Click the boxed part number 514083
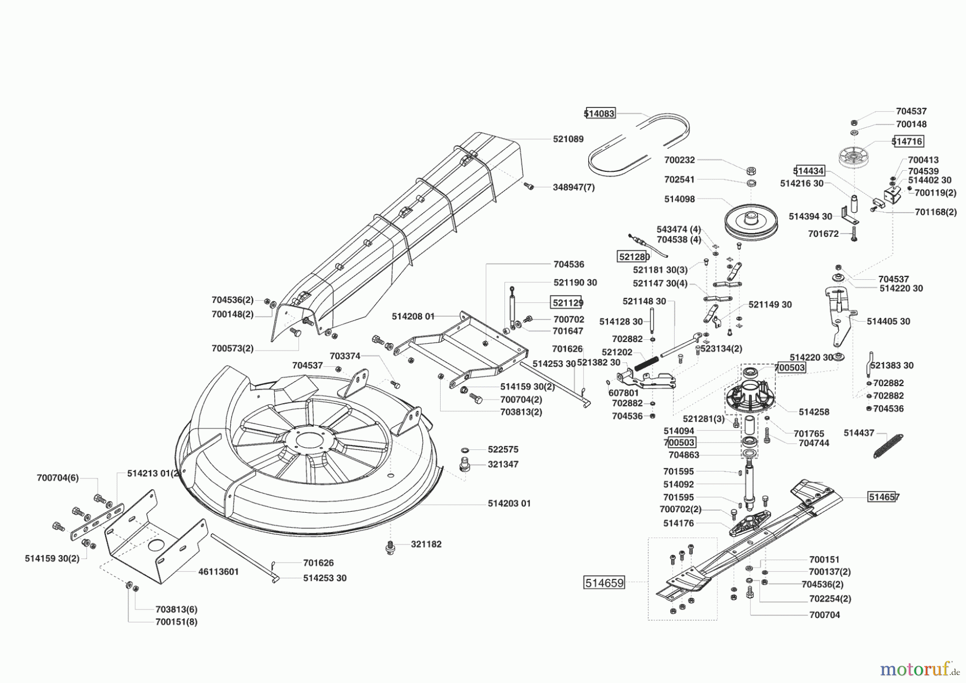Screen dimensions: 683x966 tap(599, 113)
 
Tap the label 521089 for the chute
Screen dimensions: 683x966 tap(568, 139)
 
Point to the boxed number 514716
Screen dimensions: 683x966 tap(908, 141)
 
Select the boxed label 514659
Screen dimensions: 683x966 tap(604, 583)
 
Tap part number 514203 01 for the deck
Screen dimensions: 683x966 tap(509, 503)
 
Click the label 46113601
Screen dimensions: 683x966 tap(218, 572)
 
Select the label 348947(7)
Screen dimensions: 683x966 tap(573, 187)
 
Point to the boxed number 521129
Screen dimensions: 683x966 tap(567, 303)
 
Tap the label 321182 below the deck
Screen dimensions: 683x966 tap(426, 544)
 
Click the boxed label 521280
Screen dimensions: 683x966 tap(634, 257)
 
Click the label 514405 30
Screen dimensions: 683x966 tap(888, 321)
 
